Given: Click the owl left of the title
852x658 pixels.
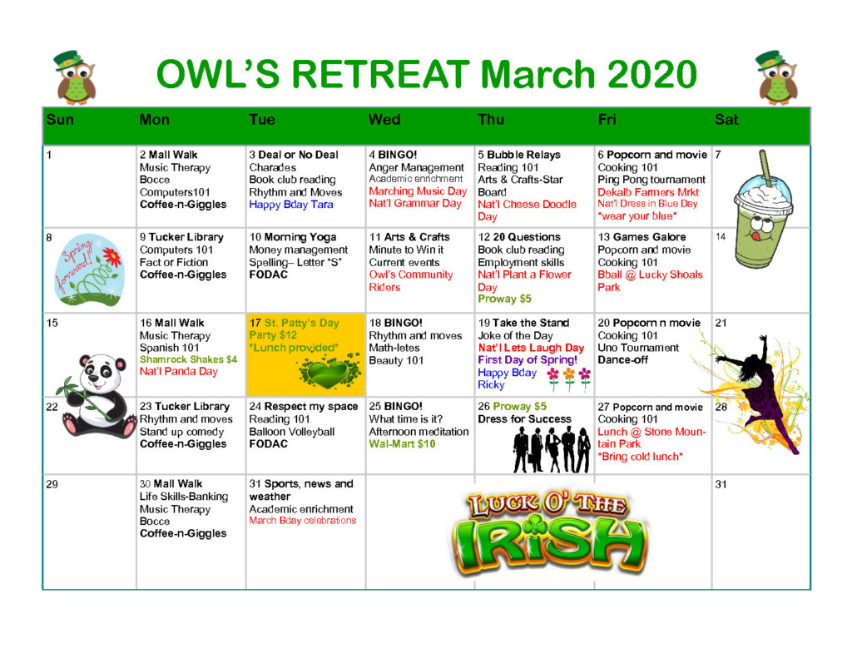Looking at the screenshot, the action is coord(76,77).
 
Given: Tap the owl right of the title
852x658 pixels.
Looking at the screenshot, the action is coord(777,77).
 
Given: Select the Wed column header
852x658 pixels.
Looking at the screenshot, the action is coord(384,120).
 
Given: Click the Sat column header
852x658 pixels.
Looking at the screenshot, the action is coord(726,120).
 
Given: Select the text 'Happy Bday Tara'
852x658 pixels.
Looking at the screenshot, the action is coord(290,205).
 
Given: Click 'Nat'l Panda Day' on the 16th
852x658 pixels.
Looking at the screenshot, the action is coord(178,372).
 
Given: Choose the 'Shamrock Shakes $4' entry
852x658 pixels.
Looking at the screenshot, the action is coord(189,359).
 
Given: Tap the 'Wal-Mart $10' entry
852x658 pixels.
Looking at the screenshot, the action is coord(402,444).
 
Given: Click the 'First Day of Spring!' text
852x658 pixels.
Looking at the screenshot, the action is coord(527,359).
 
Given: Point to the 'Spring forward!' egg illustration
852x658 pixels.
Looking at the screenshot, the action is coord(90,270).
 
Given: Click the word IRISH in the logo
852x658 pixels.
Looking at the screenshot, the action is coord(550,545).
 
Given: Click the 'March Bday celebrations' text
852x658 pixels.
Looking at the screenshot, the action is coord(303,521).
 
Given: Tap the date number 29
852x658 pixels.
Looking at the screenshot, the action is coord(52,484).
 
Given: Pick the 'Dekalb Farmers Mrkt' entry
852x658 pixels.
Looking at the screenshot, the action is coord(648,192).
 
